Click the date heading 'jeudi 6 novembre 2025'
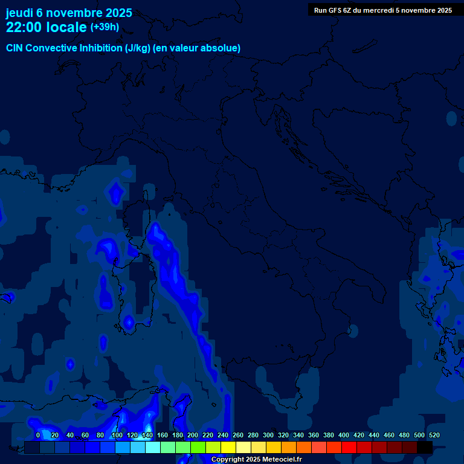pyautogui.click(x=69, y=13)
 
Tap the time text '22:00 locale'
pyautogui.click(x=47, y=27)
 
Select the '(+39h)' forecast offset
pyautogui.click(x=105, y=27)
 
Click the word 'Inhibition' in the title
pyautogui.click(x=101, y=48)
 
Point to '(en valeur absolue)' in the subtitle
pyautogui.click(x=196, y=48)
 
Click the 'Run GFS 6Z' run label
pyautogui.click(x=333, y=10)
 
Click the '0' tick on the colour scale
pyautogui.click(x=38, y=435)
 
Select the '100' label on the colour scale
pyautogui.click(x=117, y=435)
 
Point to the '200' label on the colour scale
pyautogui.click(x=193, y=435)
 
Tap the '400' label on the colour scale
pyautogui.click(x=344, y=435)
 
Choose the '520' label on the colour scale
pyautogui.click(x=434, y=435)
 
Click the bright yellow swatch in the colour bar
pyautogui.click(x=228, y=448)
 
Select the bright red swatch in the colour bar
pyautogui.click(x=349, y=448)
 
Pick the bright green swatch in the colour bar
pyautogui.click(x=198, y=448)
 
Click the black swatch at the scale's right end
pyautogui.click(x=425, y=448)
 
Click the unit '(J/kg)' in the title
pyautogui.click(x=137, y=48)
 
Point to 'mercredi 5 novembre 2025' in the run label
pyautogui.click(x=407, y=10)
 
